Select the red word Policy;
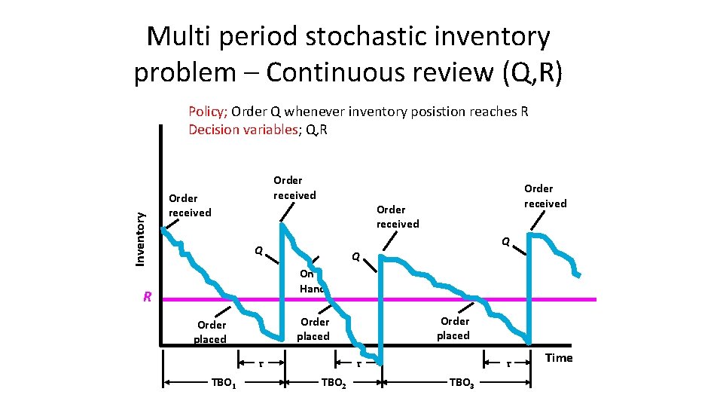pos(208,112)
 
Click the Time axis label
pos(559,358)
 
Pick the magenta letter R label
pos(148,297)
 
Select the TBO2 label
pos(334,383)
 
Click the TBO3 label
pos(462,383)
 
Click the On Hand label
pos(311,281)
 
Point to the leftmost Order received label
pos(190,206)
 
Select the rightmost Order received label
pos(545,196)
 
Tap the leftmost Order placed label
pos(211,332)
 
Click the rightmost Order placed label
pos(454,328)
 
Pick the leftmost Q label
pos(258,250)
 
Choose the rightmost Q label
pos(507,241)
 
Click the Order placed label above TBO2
pos(314,329)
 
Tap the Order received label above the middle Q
pos(398,216)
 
